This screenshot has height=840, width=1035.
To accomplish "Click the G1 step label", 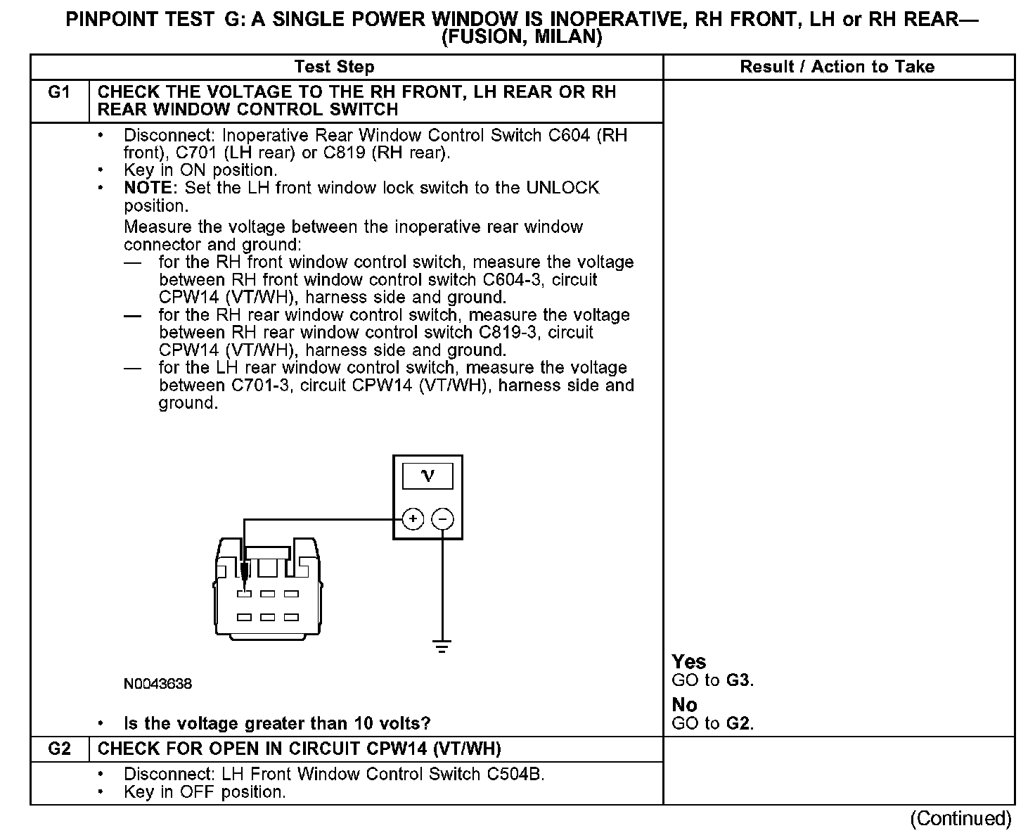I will (59, 92).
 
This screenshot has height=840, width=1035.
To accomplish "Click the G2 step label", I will (59, 749).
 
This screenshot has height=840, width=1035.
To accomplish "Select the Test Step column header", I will (334, 67).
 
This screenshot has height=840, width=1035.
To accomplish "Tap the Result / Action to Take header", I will (837, 67).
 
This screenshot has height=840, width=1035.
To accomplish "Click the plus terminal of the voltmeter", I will (413, 519).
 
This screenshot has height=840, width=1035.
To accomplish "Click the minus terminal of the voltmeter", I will (442, 519).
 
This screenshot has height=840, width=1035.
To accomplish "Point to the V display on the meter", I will (427, 476).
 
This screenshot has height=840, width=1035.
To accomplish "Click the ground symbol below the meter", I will (442, 646).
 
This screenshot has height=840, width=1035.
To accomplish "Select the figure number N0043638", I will (157, 684).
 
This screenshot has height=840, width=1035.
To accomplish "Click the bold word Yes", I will (688, 661).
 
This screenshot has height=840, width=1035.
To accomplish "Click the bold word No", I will (684, 705).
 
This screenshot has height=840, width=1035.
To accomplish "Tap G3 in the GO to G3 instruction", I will (739, 680).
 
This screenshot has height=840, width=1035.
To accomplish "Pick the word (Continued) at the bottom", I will (960, 818).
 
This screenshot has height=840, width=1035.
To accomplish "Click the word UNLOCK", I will (562, 188).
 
